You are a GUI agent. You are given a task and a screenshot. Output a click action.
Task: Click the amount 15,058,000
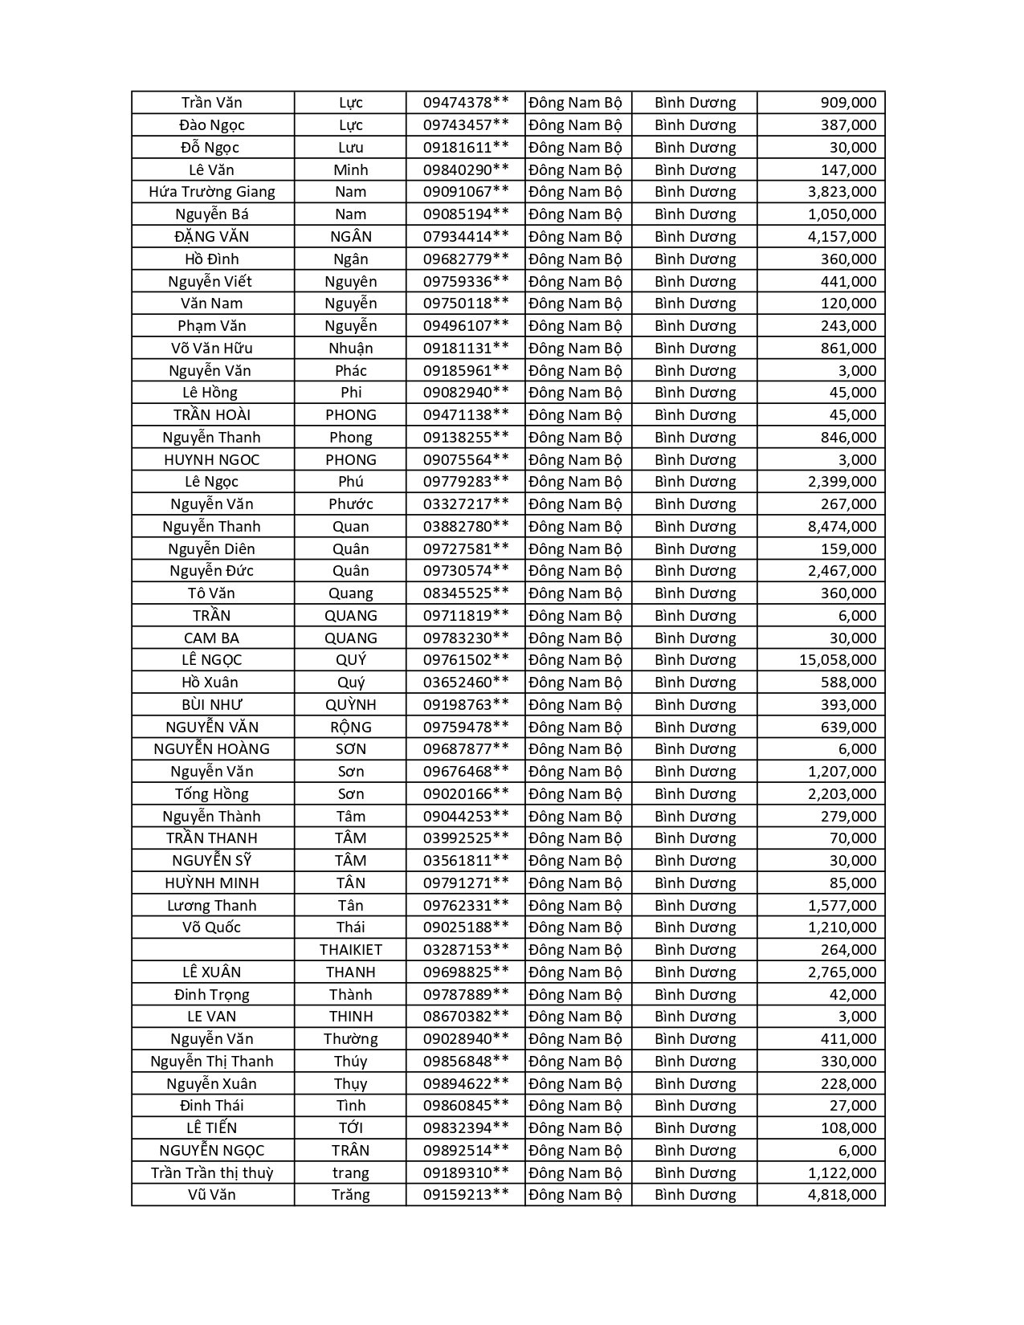(x=837, y=660)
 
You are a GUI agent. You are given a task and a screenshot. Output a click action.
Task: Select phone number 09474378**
(x=466, y=103)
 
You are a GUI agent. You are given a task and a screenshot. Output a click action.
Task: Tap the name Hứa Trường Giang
(x=212, y=192)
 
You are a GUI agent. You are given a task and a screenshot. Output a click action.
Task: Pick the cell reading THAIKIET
(x=351, y=950)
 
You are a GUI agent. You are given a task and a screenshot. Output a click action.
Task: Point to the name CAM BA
(x=212, y=638)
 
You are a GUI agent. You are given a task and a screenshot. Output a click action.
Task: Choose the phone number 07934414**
(x=466, y=237)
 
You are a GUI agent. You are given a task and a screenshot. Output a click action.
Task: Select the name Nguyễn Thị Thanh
(x=212, y=1062)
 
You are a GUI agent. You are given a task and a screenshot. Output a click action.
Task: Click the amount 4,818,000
(x=842, y=1195)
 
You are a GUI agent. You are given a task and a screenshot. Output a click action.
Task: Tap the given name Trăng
(x=351, y=1195)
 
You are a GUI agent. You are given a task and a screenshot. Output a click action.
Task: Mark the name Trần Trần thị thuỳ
(x=212, y=1173)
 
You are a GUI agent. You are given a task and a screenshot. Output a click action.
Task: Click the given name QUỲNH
(x=351, y=705)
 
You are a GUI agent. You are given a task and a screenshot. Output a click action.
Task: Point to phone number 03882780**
(x=466, y=527)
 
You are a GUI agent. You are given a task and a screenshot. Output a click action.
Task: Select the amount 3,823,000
(x=842, y=192)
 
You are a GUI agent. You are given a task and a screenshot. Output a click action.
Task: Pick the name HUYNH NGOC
(x=212, y=460)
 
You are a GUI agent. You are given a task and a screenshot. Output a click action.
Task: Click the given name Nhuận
(x=351, y=349)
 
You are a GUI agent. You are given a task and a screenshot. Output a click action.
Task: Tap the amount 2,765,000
(x=842, y=972)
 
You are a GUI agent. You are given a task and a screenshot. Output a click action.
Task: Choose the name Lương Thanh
(x=212, y=906)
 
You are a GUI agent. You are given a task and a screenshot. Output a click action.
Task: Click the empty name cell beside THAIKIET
(x=213, y=950)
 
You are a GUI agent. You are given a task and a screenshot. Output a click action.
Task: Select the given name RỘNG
(x=351, y=728)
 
